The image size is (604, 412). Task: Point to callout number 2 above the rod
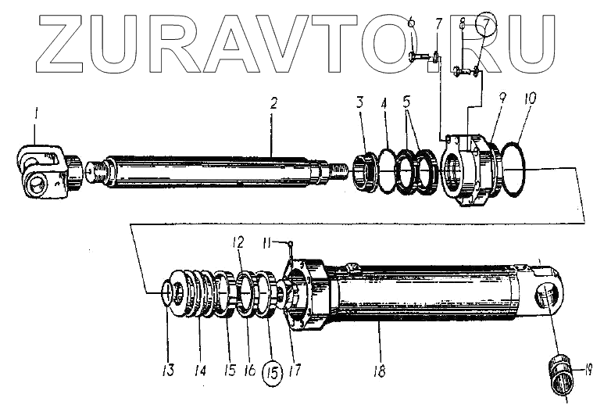tap(273, 104)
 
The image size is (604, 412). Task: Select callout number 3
tap(359, 102)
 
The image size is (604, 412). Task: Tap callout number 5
tap(405, 102)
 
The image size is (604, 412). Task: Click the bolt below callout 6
tap(416, 56)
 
